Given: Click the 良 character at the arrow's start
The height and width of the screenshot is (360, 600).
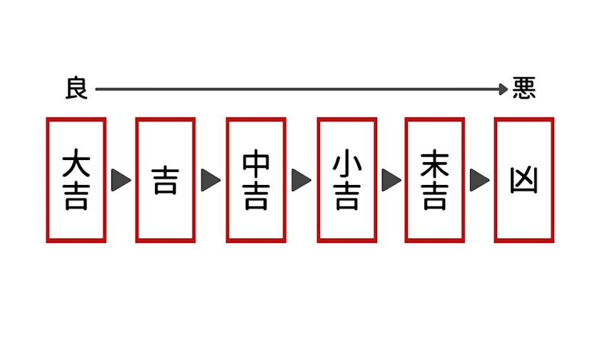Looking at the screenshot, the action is click(76, 89).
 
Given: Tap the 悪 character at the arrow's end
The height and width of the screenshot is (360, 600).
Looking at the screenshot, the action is click(524, 89).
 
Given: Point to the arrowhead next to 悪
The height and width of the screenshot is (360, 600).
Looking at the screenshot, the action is click(504, 89).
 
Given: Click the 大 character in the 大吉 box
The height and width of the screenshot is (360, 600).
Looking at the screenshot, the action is click(76, 163).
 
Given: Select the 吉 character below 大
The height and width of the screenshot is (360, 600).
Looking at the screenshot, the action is click(76, 197).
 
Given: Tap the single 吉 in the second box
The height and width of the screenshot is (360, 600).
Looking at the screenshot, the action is click(165, 181).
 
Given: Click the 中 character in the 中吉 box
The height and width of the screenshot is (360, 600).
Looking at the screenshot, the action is click(256, 163).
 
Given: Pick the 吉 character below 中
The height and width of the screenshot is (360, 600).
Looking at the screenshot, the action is click(256, 197).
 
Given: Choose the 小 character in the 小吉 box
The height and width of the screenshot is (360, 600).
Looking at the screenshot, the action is click(346, 163).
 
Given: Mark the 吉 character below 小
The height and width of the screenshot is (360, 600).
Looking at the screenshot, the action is click(346, 197).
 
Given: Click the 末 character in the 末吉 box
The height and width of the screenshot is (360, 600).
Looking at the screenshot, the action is click(435, 163).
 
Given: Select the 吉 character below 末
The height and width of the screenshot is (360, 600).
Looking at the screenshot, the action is click(435, 197).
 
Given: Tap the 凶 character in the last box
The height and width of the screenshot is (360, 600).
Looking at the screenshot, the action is click(524, 181).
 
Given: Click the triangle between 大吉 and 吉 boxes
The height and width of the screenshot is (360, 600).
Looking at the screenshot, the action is click(120, 180).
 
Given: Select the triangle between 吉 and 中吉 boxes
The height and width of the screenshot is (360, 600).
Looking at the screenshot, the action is click(210, 180).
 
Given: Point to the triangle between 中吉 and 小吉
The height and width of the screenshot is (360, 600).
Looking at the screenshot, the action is click(301, 180).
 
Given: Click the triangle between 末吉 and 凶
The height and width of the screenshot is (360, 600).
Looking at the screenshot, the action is click(479, 180).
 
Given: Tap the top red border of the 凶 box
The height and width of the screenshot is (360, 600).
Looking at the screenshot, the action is click(524, 120).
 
